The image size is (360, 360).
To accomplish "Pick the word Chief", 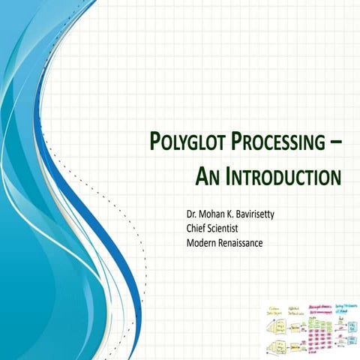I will [x=199, y=229].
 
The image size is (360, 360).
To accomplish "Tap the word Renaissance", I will [x=244, y=241].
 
